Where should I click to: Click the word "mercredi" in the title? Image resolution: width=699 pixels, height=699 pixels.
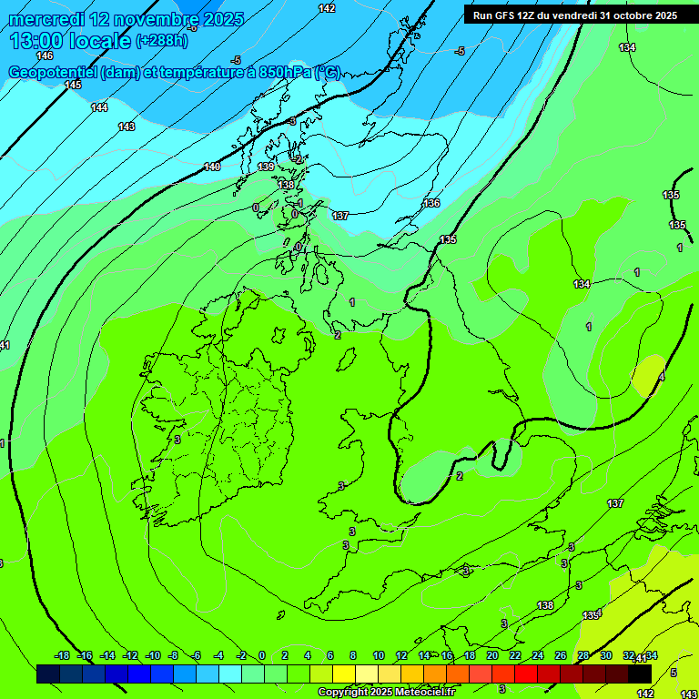click(43, 19)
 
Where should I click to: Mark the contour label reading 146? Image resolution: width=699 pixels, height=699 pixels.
click(45, 56)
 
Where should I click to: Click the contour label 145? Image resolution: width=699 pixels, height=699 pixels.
click(73, 85)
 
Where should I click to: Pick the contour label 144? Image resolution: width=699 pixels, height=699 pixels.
click(99, 107)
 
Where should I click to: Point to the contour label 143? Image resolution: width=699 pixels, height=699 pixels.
click(127, 127)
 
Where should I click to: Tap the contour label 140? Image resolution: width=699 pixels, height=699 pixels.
click(212, 167)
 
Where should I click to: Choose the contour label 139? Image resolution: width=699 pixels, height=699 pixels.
click(266, 167)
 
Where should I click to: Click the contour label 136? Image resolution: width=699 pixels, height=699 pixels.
click(431, 203)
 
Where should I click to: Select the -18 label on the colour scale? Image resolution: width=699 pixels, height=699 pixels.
click(62, 655)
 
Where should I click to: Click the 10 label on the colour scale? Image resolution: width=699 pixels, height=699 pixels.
click(378, 655)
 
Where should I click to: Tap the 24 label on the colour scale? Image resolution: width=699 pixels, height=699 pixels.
click(538, 655)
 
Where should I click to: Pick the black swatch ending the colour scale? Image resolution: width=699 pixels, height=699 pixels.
click(640, 674)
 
